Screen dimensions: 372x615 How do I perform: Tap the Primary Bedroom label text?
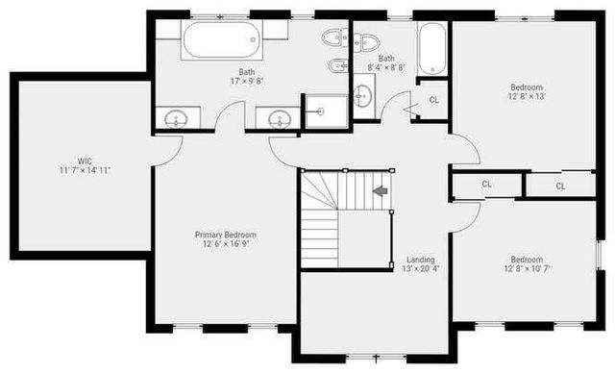[x=225, y=235]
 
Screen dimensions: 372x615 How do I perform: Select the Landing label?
[x=420, y=260]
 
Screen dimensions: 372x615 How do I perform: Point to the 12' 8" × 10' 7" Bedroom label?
[x=527, y=260]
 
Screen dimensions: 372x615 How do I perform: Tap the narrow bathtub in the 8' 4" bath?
[x=431, y=48]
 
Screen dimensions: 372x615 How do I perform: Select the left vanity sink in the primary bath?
[x=177, y=119]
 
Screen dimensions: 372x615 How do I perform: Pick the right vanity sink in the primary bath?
[x=280, y=119]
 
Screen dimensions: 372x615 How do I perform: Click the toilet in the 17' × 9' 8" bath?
[x=333, y=38]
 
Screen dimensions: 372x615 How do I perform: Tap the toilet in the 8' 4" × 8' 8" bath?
[x=364, y=41]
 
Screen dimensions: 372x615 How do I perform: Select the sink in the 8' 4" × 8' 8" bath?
[x=362, y=95]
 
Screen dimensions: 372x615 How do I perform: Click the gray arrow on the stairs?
[x=381, y=190]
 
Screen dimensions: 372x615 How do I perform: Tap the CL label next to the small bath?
[x=433, y=100]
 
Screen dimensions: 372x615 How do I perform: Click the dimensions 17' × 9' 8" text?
[x=247, y=81]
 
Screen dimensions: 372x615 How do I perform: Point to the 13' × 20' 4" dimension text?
[x=420, y=269]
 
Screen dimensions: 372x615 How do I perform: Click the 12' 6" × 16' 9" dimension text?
[x=225, y=244]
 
